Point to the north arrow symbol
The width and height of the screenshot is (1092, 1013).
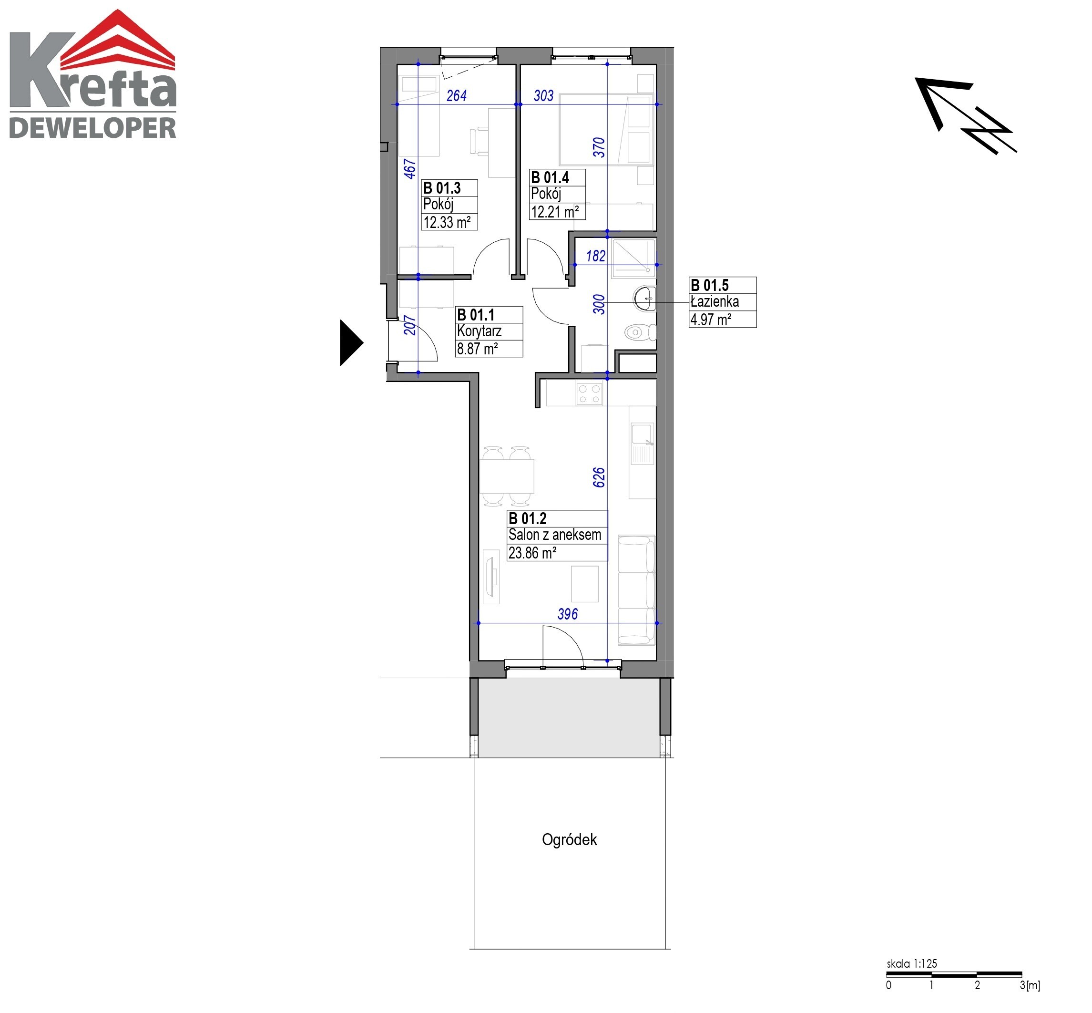click(x=965, y=115)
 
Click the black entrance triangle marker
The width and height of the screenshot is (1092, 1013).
click(x=351, y=342)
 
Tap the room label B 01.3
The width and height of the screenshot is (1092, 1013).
click(x=442, y=188)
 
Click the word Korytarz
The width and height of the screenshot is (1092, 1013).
click(x=480, y=331)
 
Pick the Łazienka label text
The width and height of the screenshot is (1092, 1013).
click(x=714, y=301)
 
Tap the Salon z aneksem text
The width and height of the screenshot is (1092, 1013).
click(x=554, y=535)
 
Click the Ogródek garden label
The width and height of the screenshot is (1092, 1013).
click(x=569, y=839)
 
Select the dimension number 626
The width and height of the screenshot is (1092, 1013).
click(x=599, y=477)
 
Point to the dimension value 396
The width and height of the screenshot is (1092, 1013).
click(x=568, y=614)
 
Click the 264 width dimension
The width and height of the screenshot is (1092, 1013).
click(x=457, y=96)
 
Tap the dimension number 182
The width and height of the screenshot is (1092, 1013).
click(x=596, y=256)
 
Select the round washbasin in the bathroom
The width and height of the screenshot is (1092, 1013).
click(x=644, y=299)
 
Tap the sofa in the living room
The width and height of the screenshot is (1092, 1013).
click(x=637, y=590)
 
